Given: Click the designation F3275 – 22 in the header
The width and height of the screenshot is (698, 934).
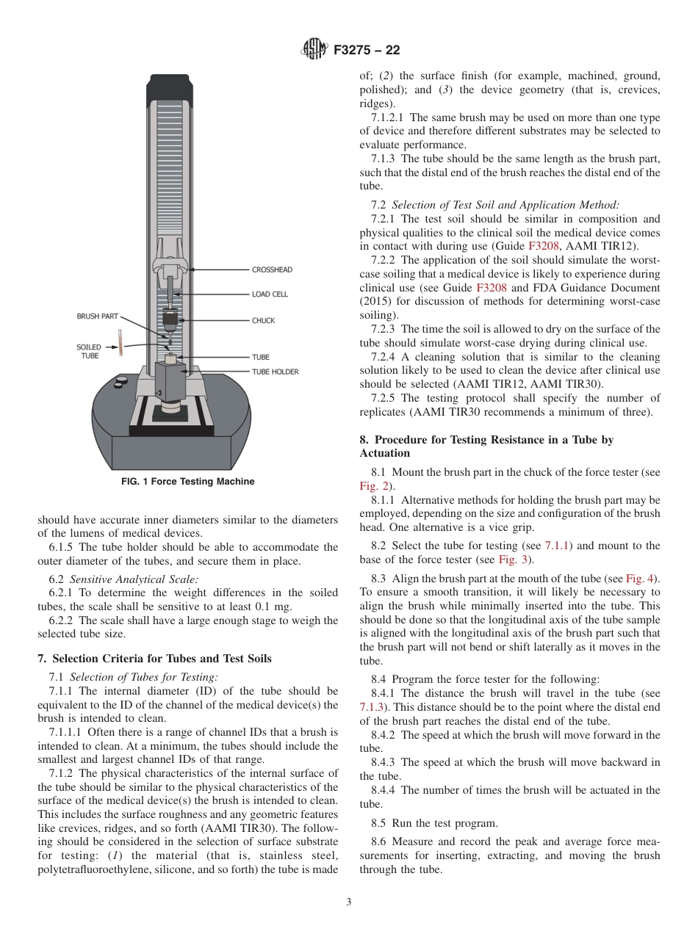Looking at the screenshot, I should pyautogui.click(x=367, y=51).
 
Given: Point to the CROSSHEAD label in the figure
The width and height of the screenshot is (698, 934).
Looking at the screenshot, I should pyautogui.click(x=272, y=269).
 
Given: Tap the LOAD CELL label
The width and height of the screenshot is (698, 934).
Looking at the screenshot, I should pyautogui.click(x=270, y=294).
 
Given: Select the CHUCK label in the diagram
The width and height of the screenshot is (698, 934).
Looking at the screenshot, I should pyautogui.click(x=263, y=320).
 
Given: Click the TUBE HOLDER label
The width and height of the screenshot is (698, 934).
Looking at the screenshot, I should pyautogui.click(x=275, y=372).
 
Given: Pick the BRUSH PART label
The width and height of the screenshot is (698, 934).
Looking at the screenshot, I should pyautogui.click(x=97, y=316).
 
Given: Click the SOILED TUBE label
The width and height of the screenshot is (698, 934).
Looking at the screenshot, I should pyautogui.click(x=89, y=352).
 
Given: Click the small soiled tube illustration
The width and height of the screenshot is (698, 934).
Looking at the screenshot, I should pyautogui.click(x=119, y=343).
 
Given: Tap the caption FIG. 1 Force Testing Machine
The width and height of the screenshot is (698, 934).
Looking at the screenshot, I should pyautogui.click(x=187, y=482).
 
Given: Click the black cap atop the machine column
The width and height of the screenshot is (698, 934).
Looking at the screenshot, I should pyautogui.click(x=170, y=87).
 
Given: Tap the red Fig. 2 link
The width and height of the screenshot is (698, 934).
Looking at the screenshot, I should pyautogui.click(x=373, y=486).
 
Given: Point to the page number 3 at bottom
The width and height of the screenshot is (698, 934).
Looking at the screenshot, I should pyautogui.click(x=349, y=902).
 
